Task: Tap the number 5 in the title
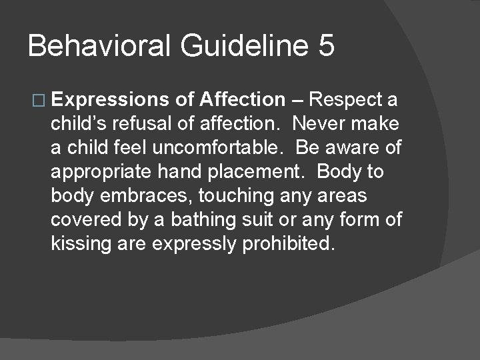[x=325, y=46]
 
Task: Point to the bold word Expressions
[x=111, y=101]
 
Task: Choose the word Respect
[x=346, y=100]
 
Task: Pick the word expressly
[x=194, y=244]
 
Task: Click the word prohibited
[x=285, y=244]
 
